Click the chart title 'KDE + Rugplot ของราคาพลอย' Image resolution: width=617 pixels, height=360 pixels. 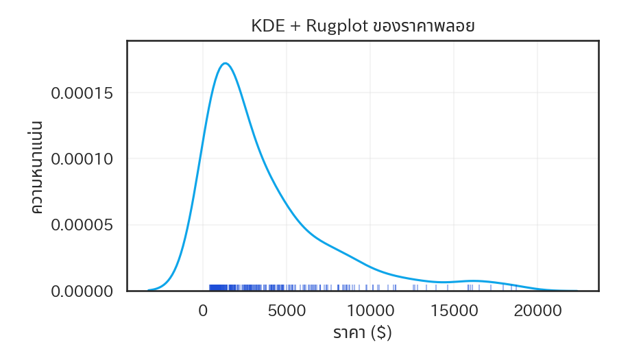[363, 27]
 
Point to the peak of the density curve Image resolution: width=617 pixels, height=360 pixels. [225, 64]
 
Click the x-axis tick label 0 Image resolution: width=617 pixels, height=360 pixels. [203, 310]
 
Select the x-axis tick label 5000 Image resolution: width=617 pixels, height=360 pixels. [287, 310]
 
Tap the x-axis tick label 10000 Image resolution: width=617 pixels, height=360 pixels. [370, 310]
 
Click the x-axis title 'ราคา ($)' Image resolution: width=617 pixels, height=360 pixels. [363, 333]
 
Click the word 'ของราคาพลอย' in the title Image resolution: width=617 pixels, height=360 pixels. [424, 27]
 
